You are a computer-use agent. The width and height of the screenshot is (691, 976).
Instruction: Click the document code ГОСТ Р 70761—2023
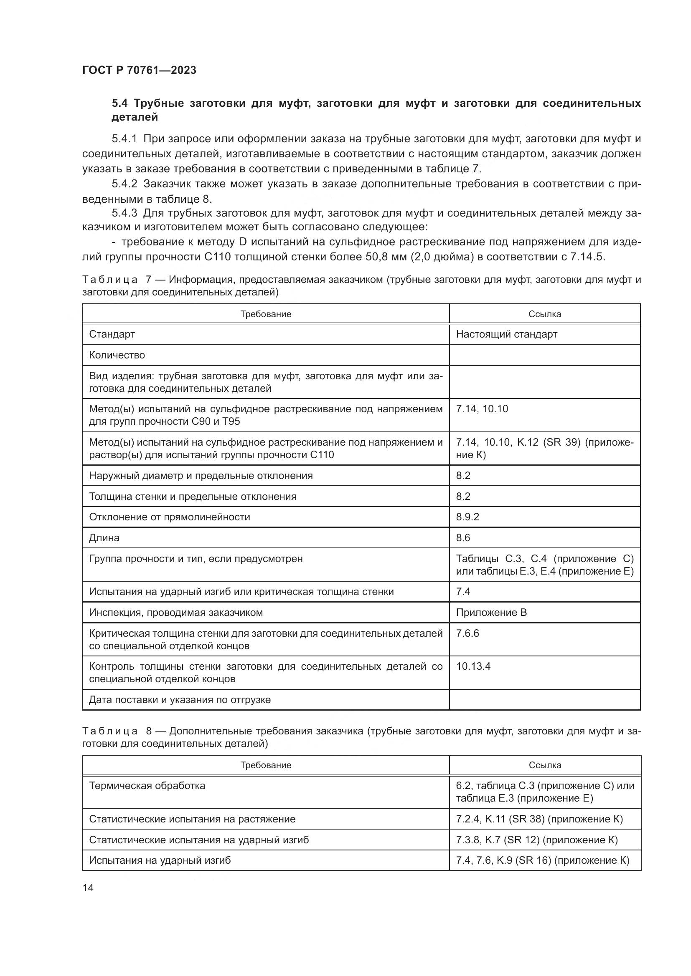pyautogui.click(x=139, y=70)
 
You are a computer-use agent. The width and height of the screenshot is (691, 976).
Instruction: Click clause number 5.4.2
pyautogui.click(x=124, y=184)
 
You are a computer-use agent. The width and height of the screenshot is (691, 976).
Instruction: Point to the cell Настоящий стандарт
pyautogui.click(x=506, y=334)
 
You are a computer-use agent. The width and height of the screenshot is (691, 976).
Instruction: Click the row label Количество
pyautogui.click(x=117, y=355)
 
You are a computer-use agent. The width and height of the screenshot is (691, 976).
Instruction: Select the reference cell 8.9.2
pyautogui.click(x=467, y=517)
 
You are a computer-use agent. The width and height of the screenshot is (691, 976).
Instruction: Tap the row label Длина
pyautogui.click(x=104, y=538)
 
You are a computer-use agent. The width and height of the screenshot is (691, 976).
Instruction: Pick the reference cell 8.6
pyautogui.click(x=463, y=538)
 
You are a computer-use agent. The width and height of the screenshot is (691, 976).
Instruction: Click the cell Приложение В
pyautogui.click(x=491, y=613)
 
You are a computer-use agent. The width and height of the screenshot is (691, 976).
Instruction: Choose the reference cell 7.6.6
pyautogui.click(x=467, y=633)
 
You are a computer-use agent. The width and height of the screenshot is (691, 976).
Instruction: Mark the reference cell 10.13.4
pyautogui.click(x=473, y=666)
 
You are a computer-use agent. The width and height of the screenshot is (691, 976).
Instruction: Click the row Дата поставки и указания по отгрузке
pyautogui.click(x=180, y=700)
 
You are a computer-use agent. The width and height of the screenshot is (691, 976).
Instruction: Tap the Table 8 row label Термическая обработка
pyautogui.click(x=147, y=786)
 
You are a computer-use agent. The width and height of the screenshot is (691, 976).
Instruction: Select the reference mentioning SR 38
pyautogui.click(x=539, y=819)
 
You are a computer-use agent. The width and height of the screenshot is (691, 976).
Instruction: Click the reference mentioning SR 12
pyautogui.click(x=536, y=840)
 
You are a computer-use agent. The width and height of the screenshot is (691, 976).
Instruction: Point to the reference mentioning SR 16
pyautogui.click(x=542, y=860)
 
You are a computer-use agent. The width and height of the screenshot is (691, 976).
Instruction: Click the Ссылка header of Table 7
pyautogui.click(x=545, y=314)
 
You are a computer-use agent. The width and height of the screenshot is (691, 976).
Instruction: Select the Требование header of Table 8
pyautogui.click(x=266, y=765)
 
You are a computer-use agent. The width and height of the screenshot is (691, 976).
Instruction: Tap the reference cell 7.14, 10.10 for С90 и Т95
pyautogui.click(x=482, y=409)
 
